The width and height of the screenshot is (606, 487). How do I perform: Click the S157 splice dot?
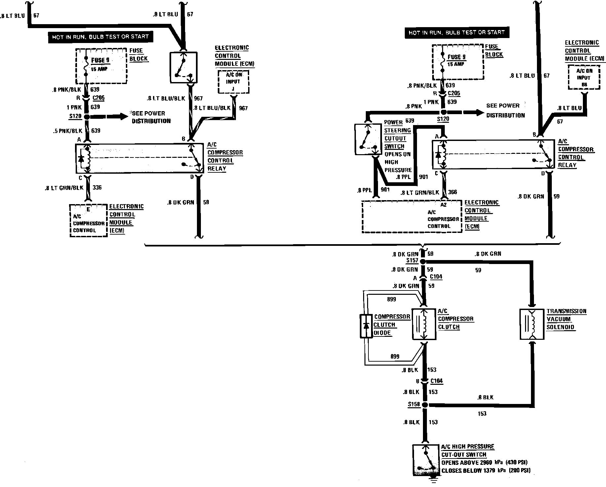pos(425,261)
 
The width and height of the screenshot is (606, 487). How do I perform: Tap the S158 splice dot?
pos(425,405)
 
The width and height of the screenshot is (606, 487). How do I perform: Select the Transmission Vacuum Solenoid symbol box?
pos(532,324)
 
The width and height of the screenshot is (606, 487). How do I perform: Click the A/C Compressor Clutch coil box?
pos(424,324)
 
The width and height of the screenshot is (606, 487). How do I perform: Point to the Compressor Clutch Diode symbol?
pos(366,326)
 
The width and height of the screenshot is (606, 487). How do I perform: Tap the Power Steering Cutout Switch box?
pos(367,139)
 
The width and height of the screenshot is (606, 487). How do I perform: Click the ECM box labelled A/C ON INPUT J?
pos(233,81)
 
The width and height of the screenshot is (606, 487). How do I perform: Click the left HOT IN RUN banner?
pos(101,36)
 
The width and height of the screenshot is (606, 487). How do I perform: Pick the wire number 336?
pos(97,188)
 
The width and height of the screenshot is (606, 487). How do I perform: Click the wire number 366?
pos(453,192)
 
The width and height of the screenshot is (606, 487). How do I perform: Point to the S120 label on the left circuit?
pos(75,116)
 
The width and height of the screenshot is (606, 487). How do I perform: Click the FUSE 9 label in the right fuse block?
pos(457,57)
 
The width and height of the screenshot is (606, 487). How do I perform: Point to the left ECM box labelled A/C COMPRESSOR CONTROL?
pos(89,220)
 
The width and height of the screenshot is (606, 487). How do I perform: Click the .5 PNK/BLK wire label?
pos(68,131)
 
